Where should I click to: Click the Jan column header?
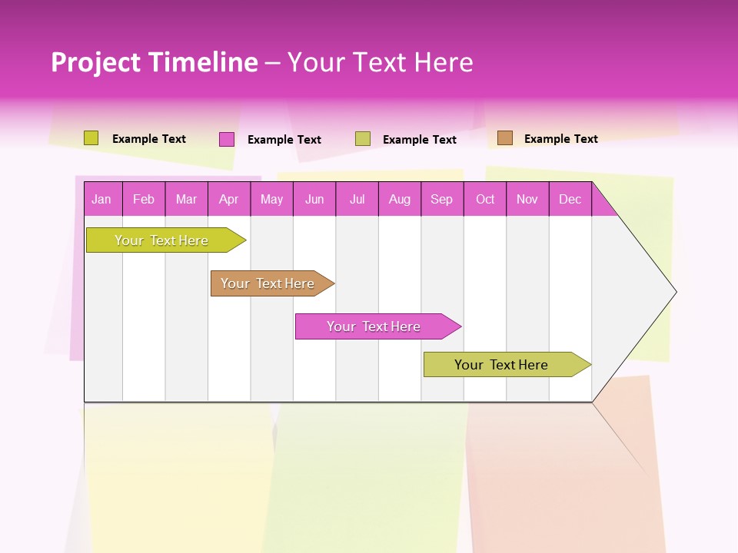[x=101, y=199]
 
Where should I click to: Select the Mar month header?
[x=186, y=199]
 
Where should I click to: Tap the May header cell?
[x=271, y=199]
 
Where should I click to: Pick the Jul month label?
[x=357, y=199]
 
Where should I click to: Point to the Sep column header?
[x=441, y=199]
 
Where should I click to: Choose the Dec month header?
[x=570, y=199]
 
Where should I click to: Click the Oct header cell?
[x=485, y=199]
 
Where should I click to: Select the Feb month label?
[x=144, y=199]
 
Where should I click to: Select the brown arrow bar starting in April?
[x=268, y=283]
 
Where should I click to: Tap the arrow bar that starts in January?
[x=162, y=240]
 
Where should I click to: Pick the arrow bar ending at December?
[x=502, y=365]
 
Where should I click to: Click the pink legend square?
[x=227, y=139]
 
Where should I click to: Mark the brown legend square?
[x=505, y=138]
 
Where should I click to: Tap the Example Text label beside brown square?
[x=560, y=139]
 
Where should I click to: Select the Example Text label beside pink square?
[x=284, y=140]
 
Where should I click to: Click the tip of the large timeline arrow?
[x=674, y=292]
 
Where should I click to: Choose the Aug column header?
[x=399, y=199]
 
